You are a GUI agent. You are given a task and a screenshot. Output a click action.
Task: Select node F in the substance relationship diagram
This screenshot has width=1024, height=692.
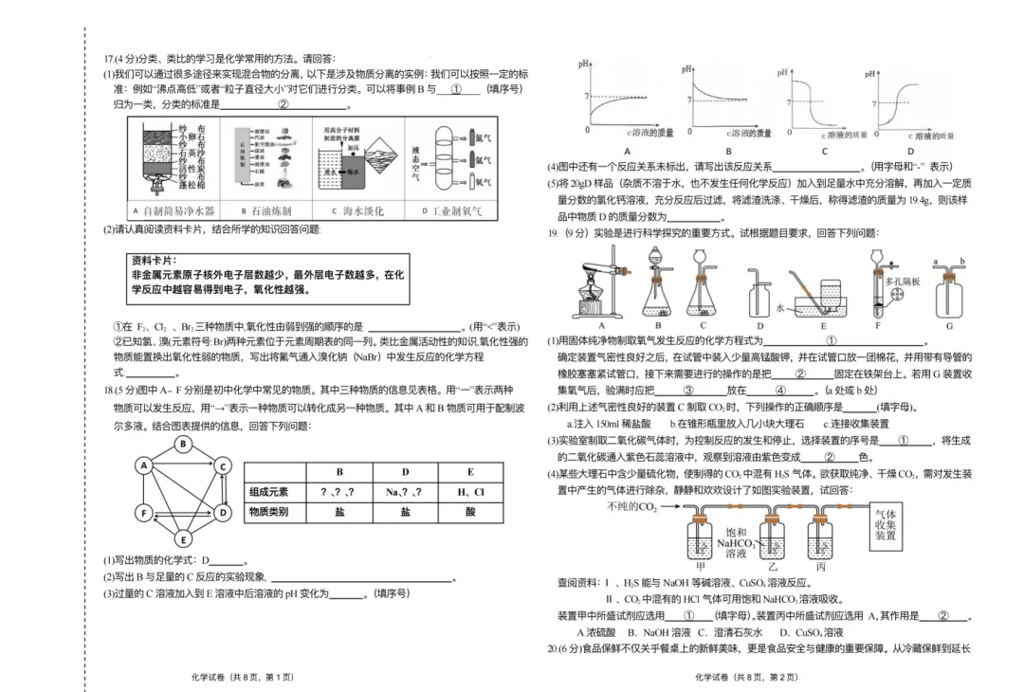click(144, 513)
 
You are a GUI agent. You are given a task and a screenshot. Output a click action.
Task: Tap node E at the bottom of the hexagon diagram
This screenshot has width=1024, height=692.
click(183, 540)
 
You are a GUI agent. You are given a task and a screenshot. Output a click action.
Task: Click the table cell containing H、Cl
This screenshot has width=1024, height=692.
click(470, 492)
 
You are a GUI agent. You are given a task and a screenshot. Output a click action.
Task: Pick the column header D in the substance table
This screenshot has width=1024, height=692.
click(405, 471)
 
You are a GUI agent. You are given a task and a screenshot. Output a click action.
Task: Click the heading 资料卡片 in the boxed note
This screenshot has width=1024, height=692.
click(155, 260)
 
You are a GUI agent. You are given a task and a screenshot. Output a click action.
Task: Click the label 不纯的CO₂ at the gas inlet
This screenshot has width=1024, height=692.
click(632, 507)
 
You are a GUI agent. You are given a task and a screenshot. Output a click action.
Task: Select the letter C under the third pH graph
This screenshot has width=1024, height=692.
click(824, 151)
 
